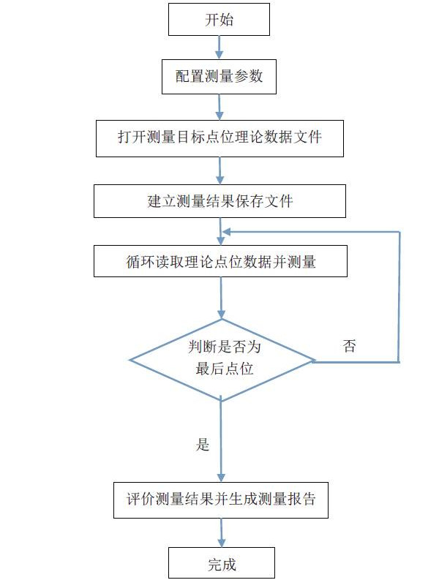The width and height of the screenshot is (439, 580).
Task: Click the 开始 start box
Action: (219, 20)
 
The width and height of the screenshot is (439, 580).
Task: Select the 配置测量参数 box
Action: (219, 76)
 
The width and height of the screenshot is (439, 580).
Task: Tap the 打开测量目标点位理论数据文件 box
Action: (219, 138)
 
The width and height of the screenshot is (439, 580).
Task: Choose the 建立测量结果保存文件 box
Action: (219, 201)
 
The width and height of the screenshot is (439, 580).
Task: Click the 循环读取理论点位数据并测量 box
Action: (219, 261)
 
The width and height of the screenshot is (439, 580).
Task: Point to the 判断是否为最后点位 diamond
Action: (221, 359)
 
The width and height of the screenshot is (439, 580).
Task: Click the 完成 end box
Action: (221, 564)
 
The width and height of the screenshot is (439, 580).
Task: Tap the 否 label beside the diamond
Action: (350, 347)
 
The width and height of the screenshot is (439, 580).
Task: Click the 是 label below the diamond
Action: (203, 445)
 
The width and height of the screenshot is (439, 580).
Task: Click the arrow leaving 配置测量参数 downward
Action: (219, 106)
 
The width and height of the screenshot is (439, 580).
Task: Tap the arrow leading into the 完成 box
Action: (220, 532)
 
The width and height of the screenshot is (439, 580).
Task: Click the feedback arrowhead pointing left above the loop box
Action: (228, 232)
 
